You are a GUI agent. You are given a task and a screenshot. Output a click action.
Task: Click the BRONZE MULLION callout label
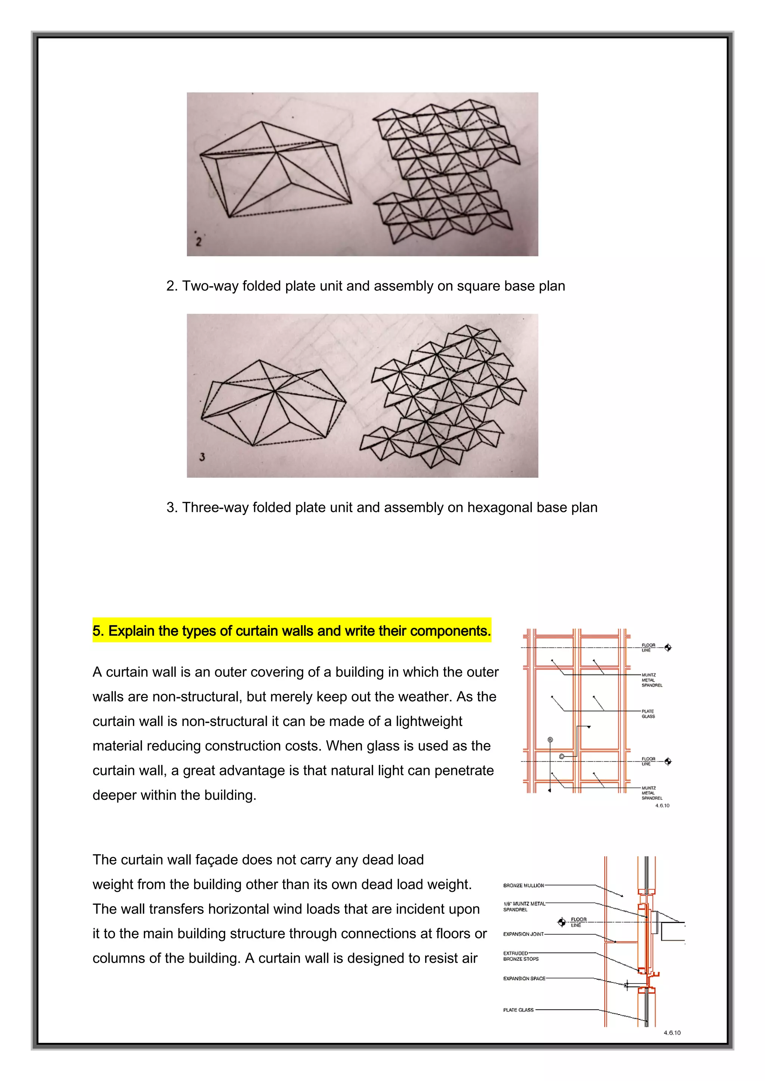click(523, 885)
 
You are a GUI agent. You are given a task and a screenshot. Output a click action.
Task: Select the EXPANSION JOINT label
click(523, 934)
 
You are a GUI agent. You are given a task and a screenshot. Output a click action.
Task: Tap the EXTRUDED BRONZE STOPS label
click(520, 956)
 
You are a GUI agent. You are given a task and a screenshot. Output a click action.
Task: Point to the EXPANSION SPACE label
click(524, 978)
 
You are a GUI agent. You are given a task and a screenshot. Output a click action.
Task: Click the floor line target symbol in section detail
click(561, 921)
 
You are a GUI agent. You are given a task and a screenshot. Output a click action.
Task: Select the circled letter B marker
click(550, 740)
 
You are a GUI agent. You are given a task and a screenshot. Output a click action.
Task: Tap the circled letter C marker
click(561, 756)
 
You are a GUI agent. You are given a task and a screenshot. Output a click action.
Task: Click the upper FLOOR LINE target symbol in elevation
click(668, 647)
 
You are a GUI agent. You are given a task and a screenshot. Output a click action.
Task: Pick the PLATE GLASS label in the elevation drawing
click(648, 714)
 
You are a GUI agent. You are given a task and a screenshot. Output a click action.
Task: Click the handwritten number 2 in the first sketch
click(198, 242)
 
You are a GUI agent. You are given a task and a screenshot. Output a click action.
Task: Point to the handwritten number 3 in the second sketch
click(202, 456)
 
